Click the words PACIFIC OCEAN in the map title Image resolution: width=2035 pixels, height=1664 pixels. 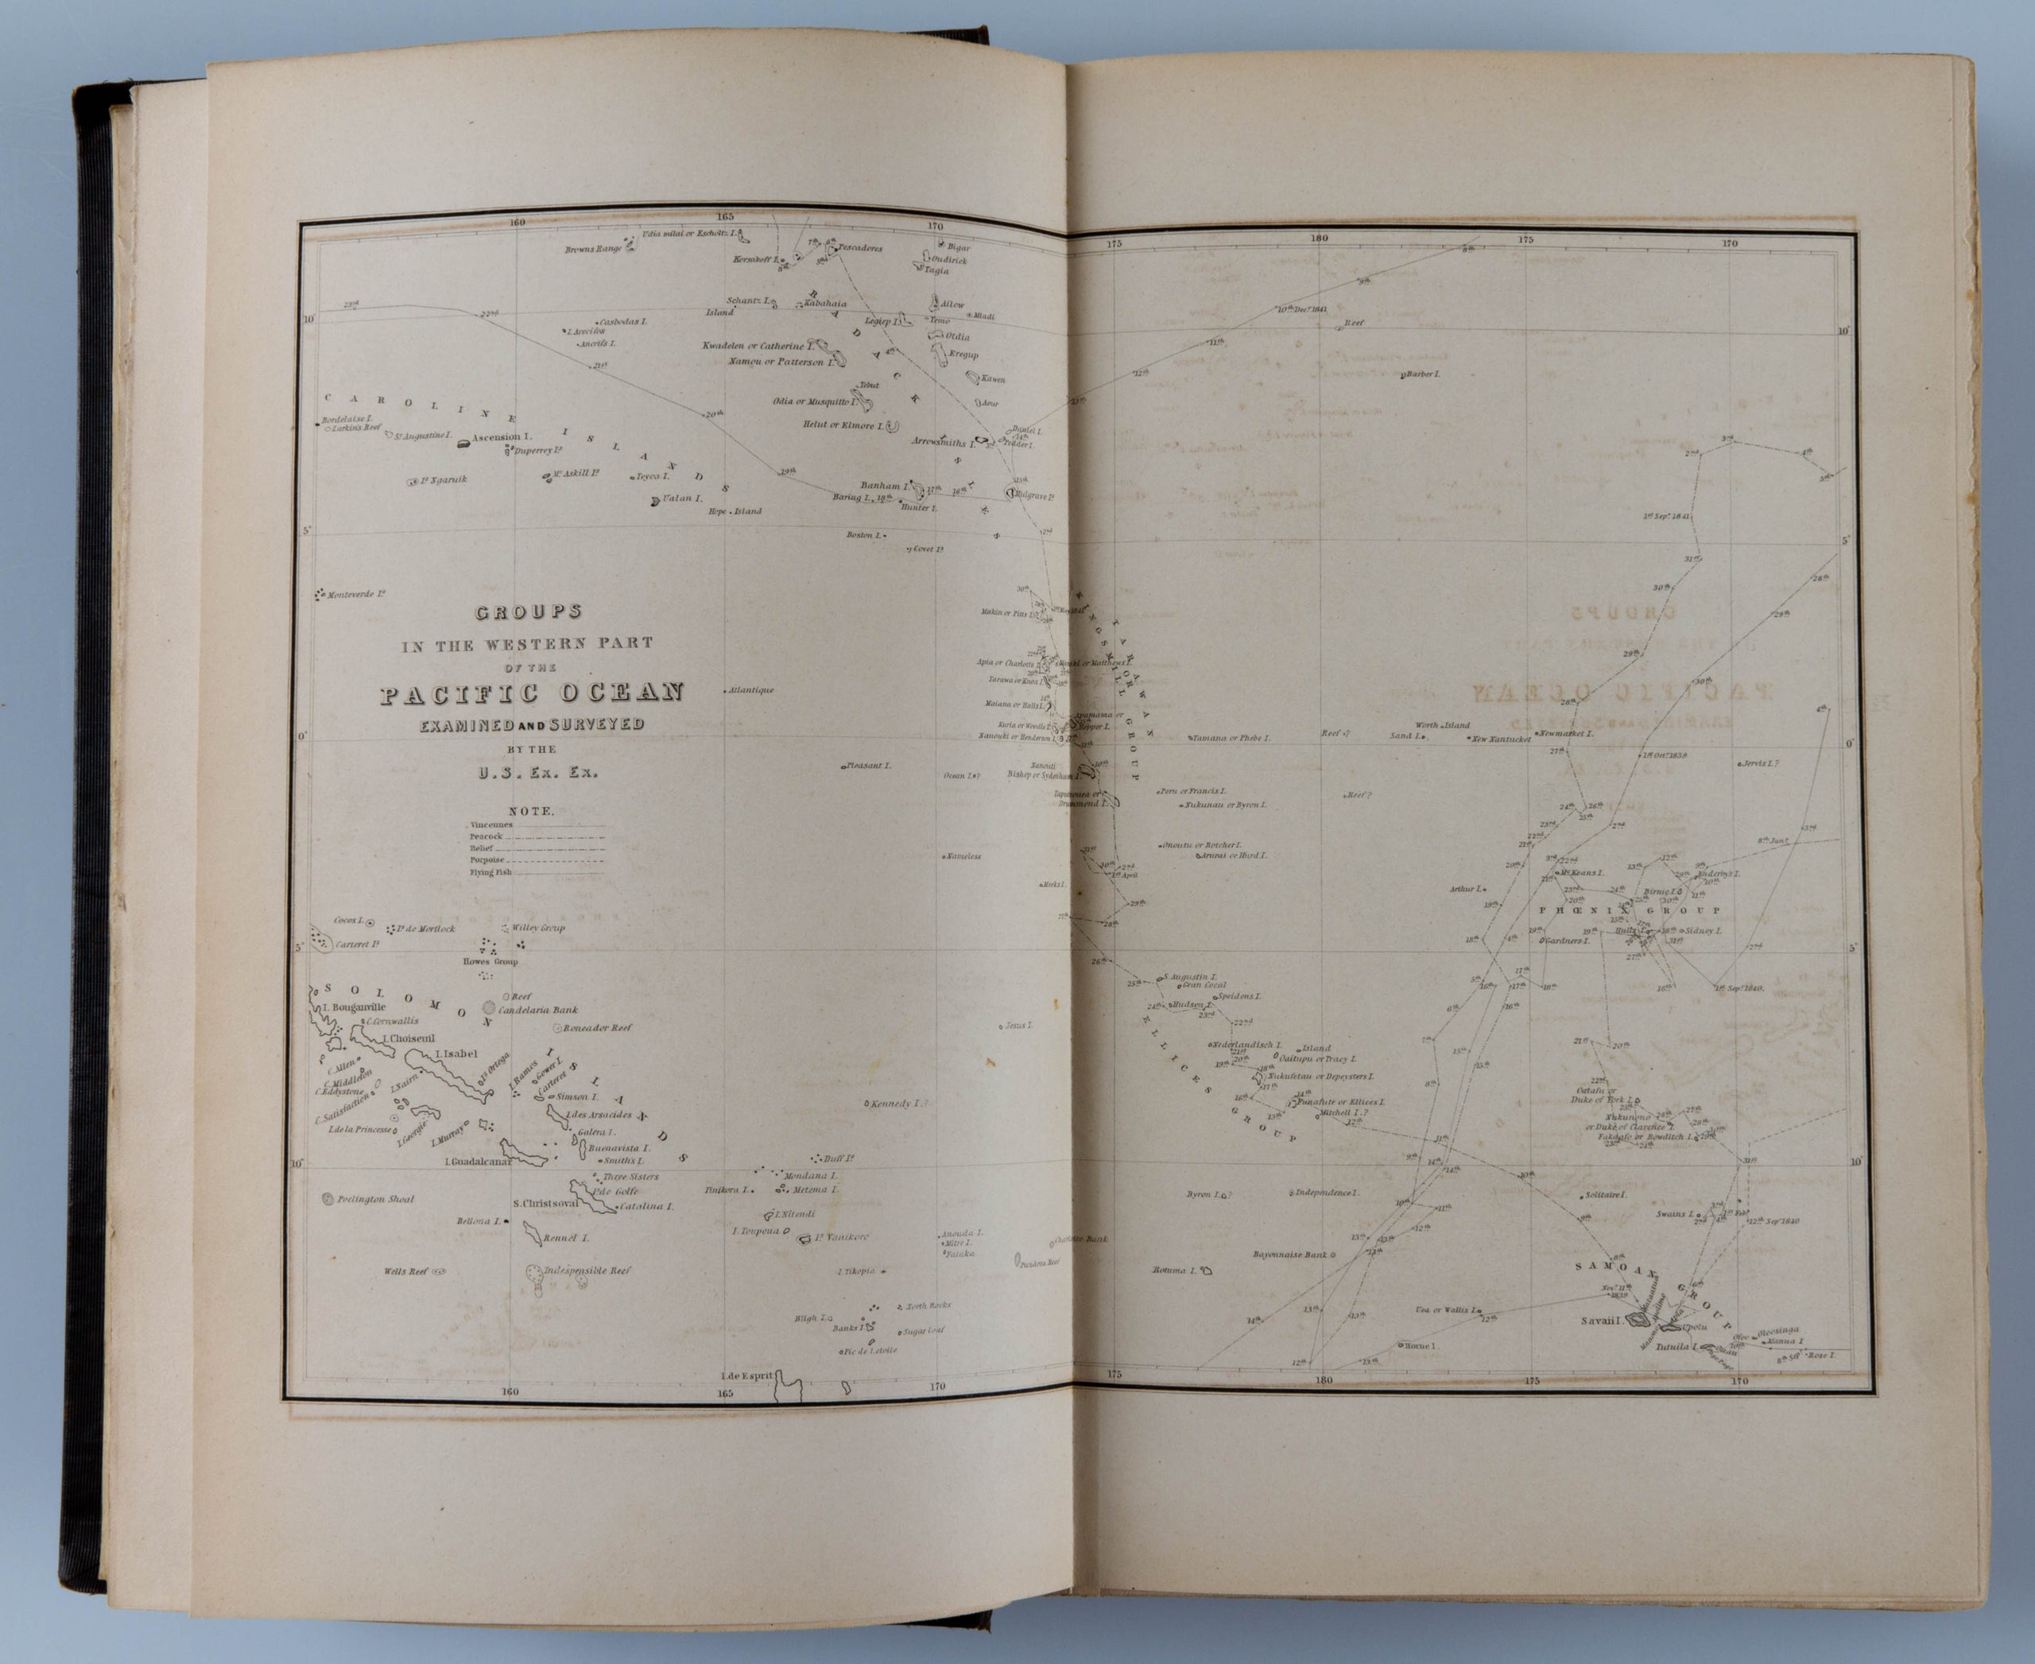click(532, 693)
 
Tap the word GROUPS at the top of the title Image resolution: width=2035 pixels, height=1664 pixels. click(528, 611)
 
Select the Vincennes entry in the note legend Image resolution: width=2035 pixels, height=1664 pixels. click(490, 824)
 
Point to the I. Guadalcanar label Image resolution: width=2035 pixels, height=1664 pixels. click(476, 1162)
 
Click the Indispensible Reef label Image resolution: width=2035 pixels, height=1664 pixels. click(587, 1271)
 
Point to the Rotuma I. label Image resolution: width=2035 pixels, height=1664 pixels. click(1175, 1271)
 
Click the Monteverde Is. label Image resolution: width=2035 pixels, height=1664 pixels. click(355, 595)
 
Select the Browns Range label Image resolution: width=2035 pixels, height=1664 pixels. click(593, 249)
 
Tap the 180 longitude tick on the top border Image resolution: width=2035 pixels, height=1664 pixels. click(1319, 238)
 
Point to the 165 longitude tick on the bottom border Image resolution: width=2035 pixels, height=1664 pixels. click(725, 1393)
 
